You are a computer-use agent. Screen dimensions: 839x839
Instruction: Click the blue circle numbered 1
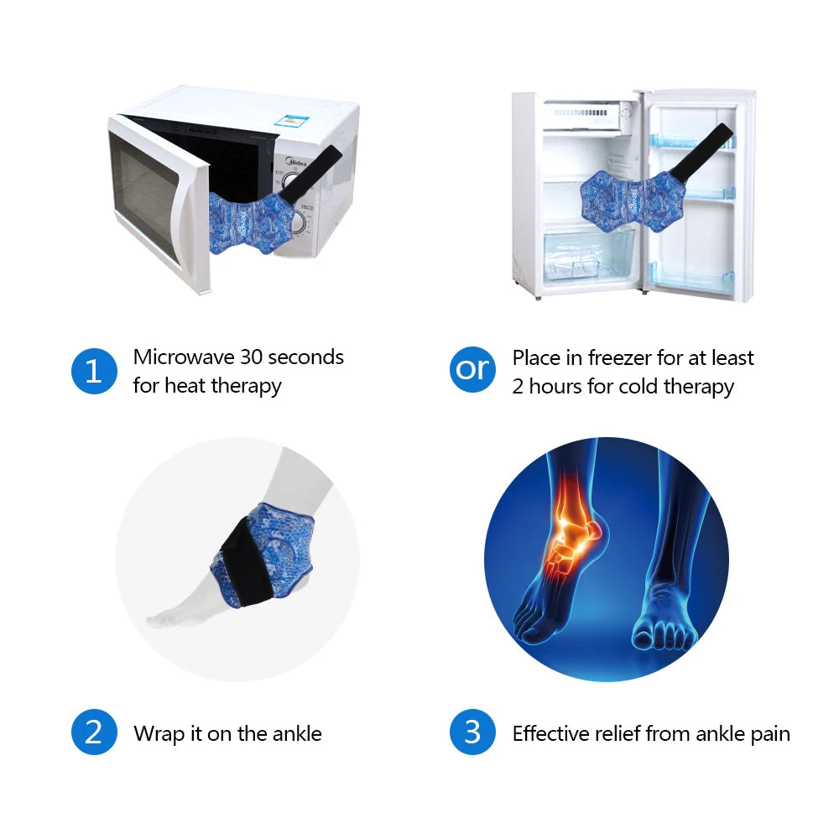pos(94,371)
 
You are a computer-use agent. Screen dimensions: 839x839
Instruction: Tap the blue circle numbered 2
pos(94,732)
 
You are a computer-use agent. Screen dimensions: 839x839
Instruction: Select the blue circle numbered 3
pos(472,732)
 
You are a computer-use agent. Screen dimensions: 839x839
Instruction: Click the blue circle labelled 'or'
pos(472,369)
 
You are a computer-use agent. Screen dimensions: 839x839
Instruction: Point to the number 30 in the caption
pos(251,357)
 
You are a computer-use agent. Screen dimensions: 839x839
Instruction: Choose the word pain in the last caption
pos(770,735)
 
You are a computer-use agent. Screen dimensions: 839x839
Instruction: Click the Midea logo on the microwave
pos(296,161)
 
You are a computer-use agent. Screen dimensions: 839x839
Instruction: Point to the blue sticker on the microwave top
pos(292,122)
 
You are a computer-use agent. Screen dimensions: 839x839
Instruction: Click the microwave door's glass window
pos(143,196)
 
